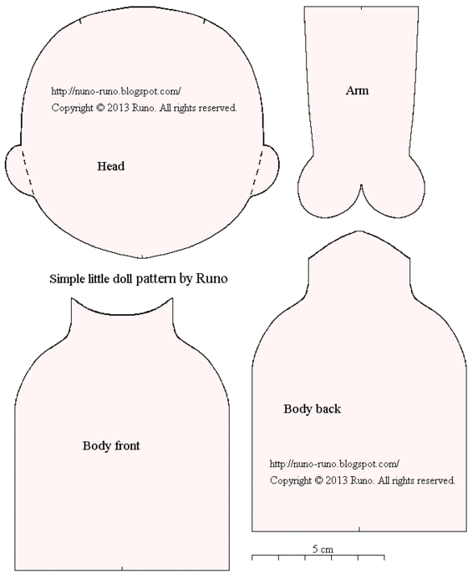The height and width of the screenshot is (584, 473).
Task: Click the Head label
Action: click(110, 166)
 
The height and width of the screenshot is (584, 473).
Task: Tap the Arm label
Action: click(357, 90)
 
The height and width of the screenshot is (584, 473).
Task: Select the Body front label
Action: click(111, 446)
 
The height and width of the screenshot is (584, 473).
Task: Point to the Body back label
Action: click(312, 409)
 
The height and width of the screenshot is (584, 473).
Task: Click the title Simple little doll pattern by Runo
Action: click(138, 278)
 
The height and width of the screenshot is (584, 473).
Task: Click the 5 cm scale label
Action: click(323, 549)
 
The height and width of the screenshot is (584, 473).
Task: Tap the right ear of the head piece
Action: click(269, 170)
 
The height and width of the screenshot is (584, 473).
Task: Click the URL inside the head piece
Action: click(116, 91)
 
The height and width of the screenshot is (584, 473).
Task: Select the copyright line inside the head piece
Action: click(144, 108)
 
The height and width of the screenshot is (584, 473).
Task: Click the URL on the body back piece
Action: click(334, 464)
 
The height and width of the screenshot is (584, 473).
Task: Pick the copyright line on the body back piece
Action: click(363, 480)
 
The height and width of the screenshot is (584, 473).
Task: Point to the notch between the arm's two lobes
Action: click(361, 185)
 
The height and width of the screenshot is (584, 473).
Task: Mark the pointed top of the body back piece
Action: click(359, 231)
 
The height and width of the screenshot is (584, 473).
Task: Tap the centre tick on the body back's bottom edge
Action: click(359, 529)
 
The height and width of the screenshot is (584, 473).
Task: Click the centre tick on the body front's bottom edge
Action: click(122, 568)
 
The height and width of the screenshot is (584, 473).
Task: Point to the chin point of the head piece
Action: click(142, 257)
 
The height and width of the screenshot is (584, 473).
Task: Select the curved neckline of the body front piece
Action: click(122, 315)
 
